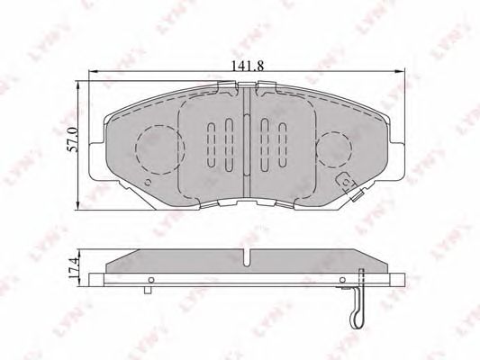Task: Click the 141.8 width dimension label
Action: [x=247, y=66]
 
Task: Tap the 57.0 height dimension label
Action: [x=73, y=140]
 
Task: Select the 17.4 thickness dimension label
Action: [x=74, y=267]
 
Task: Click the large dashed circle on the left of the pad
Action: [x=160, y=149]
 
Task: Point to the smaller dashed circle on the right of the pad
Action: [x=334, y=150]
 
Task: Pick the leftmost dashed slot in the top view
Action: [x=212, y=145]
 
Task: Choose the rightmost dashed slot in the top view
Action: [x=283, y=145]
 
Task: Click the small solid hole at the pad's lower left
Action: [x=148, y=183]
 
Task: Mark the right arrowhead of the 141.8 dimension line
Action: [x=401, y=72]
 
